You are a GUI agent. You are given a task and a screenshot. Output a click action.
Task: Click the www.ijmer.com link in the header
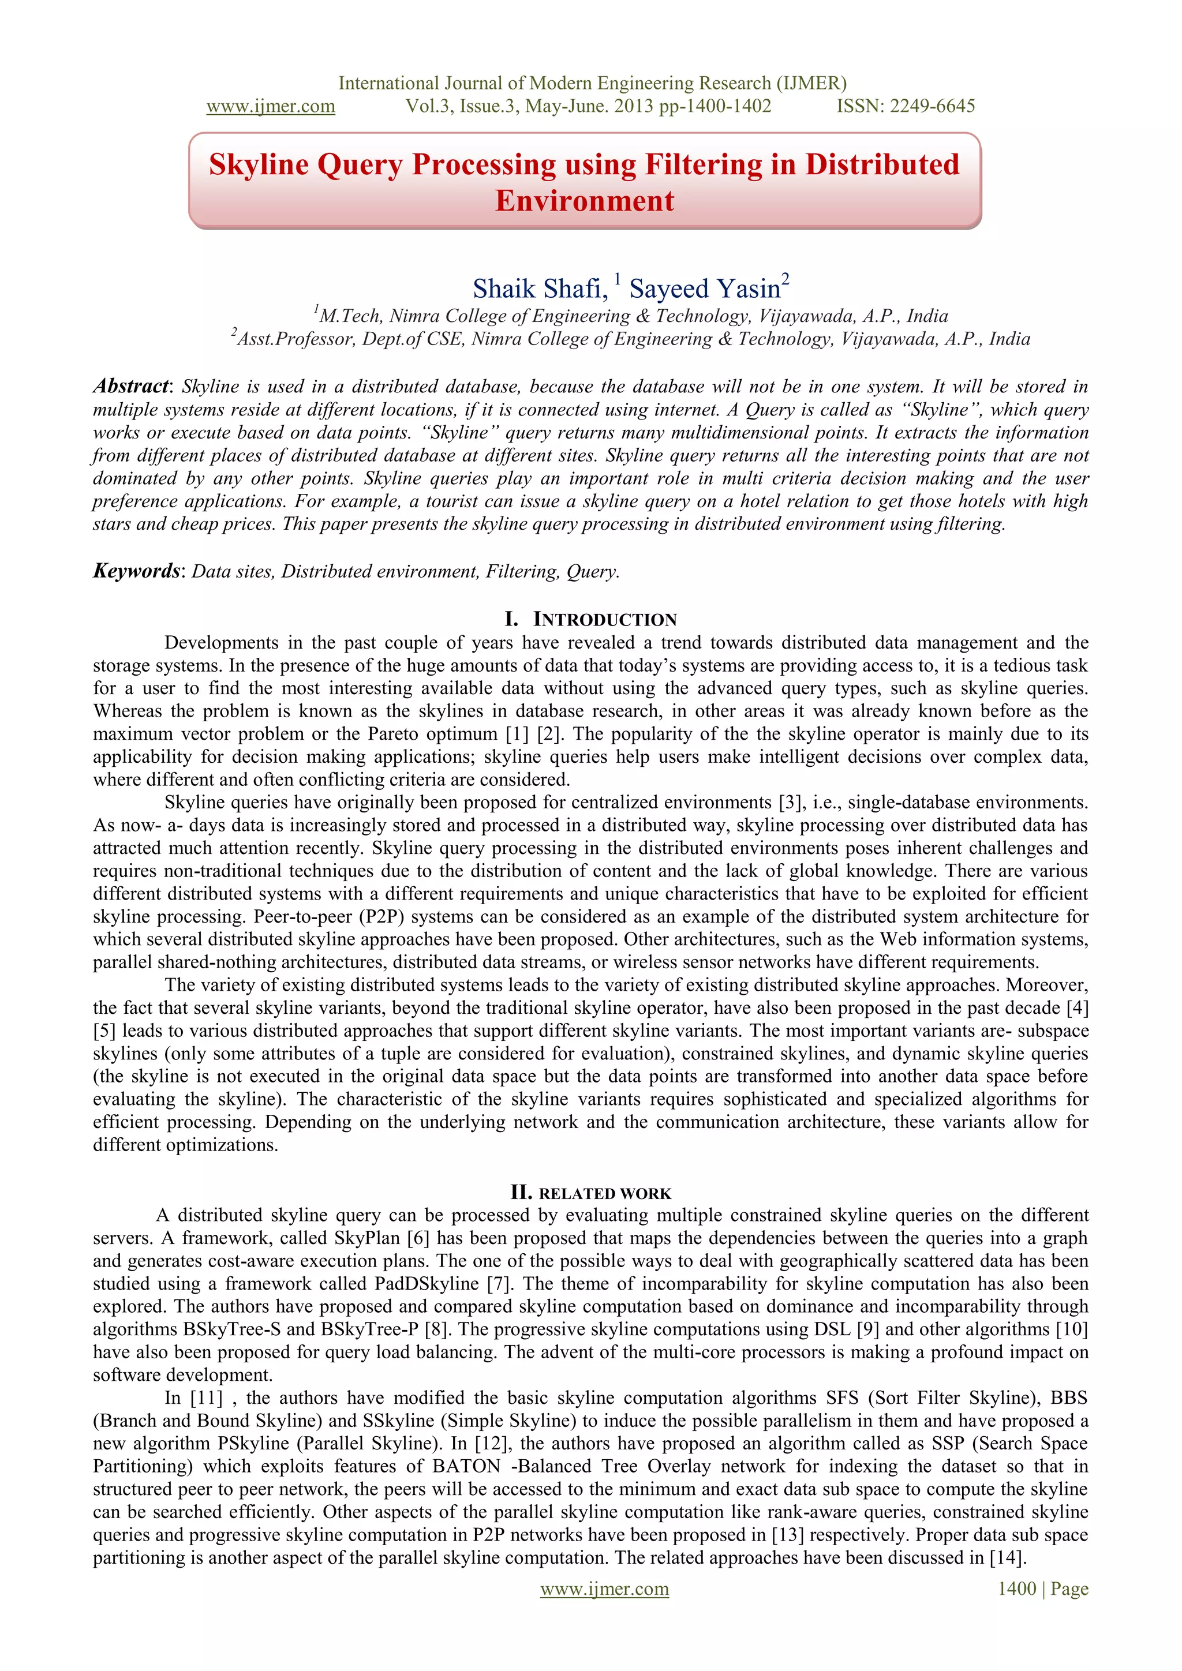click(x=271, y=106)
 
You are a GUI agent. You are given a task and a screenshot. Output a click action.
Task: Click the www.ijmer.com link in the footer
click(x=604, y=1588)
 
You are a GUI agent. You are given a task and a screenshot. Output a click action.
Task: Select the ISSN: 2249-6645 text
click(x=906, y=106)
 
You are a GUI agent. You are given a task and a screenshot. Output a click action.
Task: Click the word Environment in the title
click(x=585, y=201)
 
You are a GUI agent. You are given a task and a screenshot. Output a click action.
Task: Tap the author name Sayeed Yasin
click(x=705, y=289)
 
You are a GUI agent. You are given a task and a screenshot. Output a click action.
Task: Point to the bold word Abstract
click(x=130, y=387)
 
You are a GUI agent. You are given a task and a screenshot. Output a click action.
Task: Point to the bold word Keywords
click(x=136, y=571)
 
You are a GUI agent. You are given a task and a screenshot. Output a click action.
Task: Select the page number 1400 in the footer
click(x=1017, y=1588)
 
